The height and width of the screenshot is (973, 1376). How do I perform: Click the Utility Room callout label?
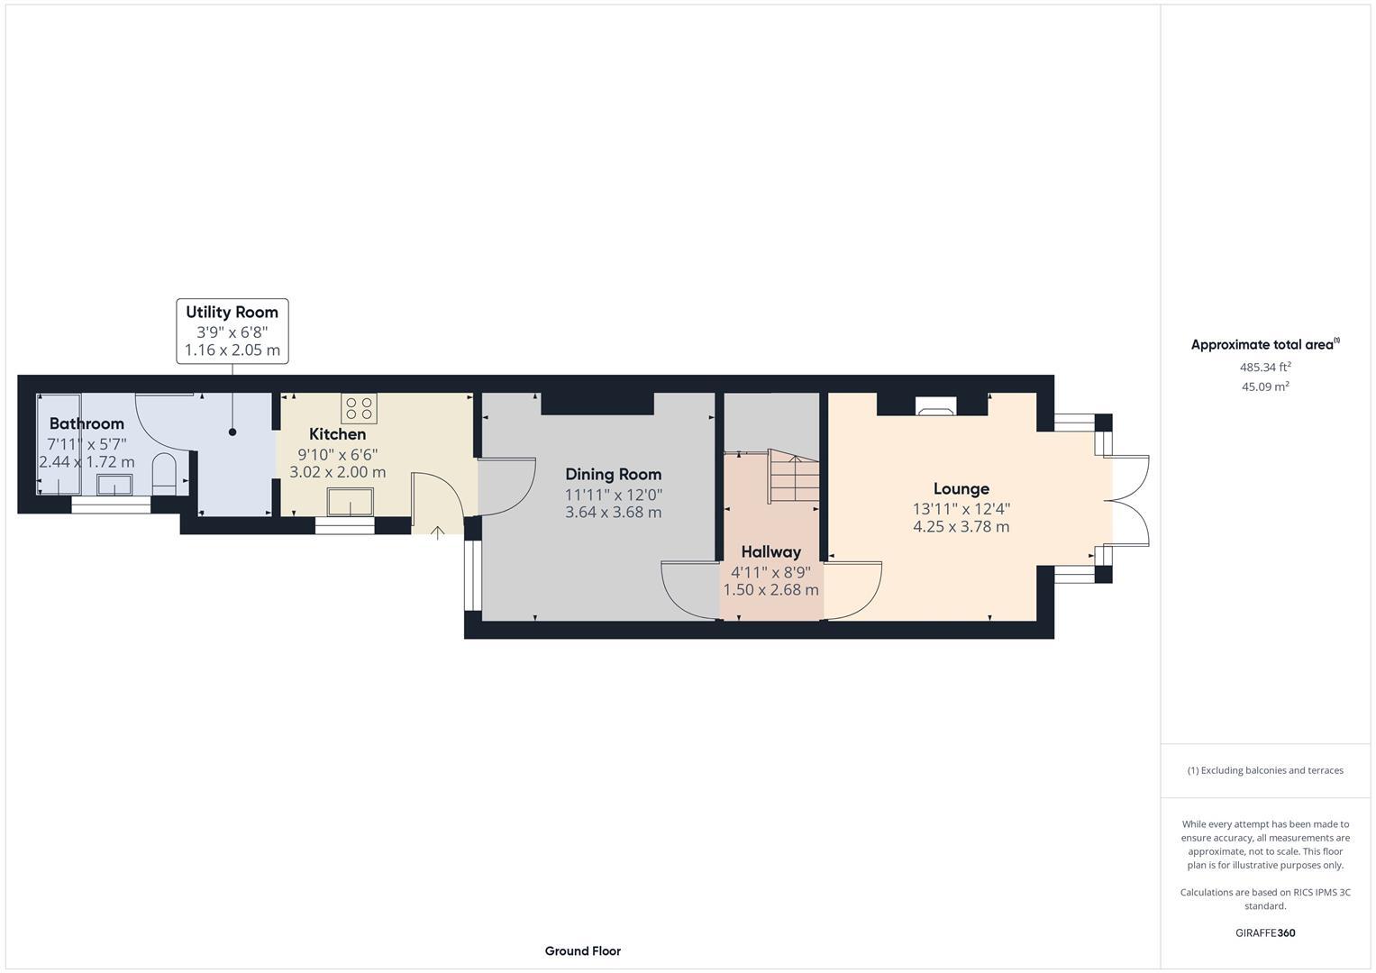click(232, 313)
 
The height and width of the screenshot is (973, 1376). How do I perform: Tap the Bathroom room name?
click(87, 423)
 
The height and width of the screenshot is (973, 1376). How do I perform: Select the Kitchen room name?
click(337, 434)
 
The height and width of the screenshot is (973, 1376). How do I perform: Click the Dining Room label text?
click(613, 474)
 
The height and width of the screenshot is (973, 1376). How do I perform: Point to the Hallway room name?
click(770, 551)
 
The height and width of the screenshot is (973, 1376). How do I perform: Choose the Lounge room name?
click(961, 488)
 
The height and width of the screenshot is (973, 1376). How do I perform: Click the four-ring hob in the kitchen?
click(359, 408)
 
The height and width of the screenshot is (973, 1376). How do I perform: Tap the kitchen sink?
click(351, 502)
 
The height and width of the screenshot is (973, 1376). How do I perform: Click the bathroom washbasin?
click(115, 485)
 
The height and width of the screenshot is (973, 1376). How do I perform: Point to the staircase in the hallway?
click(793, 477)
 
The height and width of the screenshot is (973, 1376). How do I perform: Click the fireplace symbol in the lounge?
click(933, 406)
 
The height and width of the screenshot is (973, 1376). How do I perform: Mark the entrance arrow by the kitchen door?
click(437, 532)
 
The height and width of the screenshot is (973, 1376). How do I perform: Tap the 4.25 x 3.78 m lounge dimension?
click(961, 527)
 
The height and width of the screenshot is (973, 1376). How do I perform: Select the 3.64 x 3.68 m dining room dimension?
click(613, 513)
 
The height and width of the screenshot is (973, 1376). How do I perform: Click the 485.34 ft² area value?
click(1265, 368)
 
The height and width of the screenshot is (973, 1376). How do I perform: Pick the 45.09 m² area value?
click(1265, 386)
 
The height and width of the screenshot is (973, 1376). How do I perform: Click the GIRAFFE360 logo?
click(1264, 932)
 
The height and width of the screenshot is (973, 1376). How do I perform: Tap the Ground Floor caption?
click(582, 950)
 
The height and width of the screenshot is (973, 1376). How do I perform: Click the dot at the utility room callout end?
click(232, 432)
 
